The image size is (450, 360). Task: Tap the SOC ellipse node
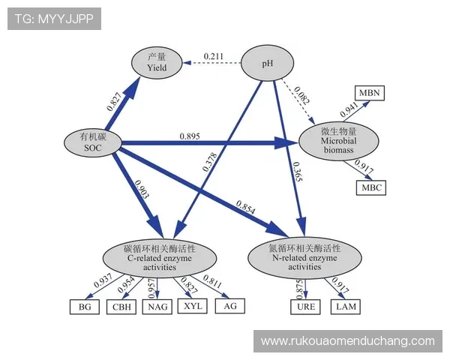(x=94, y=142)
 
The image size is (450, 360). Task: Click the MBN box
(x=370, y=93)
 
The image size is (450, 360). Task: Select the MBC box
(x=370, y=187)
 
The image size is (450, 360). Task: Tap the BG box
(x=84, y=306)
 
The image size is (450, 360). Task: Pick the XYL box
(x=193, y=305)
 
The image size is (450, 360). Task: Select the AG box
(x=229, y=305)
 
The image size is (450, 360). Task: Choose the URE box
(x=305, y=306)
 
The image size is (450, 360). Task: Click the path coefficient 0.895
(x=189, y=136)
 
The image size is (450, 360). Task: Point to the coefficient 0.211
(x=214, y=55)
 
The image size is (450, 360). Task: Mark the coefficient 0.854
(x=247, y=205)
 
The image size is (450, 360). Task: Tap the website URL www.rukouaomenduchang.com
(x=347, y=340)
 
